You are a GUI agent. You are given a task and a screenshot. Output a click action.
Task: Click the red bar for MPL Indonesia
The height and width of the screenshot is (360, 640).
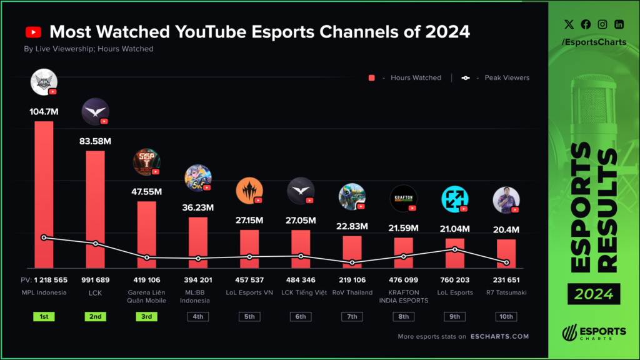point(44,194)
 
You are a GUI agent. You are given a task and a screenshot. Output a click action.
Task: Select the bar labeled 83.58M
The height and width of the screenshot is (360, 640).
point(95,209)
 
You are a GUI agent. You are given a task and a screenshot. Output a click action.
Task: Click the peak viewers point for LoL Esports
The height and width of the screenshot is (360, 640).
point(455,249)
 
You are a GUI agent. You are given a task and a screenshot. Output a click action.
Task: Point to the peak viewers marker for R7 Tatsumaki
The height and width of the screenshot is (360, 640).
point(506,262)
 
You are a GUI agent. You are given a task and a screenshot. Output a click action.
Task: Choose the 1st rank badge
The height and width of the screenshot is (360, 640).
point(44,316)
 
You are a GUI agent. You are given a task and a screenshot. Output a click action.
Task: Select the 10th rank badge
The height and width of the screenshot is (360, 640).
point(506,316)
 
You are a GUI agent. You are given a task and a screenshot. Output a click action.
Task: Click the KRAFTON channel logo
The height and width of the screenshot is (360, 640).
point(403,198)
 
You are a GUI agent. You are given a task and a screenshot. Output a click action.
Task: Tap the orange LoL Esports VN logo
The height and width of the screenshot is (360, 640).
point(249,191)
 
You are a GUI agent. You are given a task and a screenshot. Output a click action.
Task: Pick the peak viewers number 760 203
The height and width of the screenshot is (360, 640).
point(455,280)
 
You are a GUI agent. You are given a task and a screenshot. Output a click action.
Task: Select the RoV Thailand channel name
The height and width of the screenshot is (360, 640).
point(352,292)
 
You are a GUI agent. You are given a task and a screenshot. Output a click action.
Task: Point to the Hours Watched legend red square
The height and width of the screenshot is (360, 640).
point(371,78)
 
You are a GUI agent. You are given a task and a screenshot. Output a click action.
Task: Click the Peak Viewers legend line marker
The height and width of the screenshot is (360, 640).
point(465,78)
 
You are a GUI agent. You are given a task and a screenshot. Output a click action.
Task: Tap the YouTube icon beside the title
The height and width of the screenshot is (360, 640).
point(33,32)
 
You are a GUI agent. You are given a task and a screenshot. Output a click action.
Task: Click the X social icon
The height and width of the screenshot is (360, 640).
point(569,24)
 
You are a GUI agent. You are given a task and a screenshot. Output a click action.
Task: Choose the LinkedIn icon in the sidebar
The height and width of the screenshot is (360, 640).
point(619,24)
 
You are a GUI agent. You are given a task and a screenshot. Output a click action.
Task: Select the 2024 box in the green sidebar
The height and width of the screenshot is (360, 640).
point(594,293)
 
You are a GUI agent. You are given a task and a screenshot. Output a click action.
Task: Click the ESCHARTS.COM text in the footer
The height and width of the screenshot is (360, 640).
point(499,336)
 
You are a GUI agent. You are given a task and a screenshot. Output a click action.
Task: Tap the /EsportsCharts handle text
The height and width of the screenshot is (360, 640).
point(594,42)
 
